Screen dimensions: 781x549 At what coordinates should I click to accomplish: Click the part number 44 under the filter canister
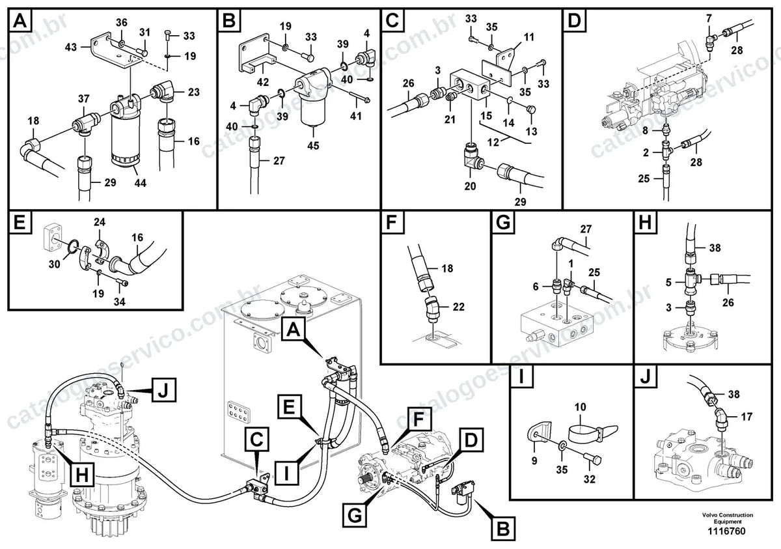[x=141, y=182]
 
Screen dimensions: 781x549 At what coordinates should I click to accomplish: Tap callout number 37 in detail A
[x=84, y=99]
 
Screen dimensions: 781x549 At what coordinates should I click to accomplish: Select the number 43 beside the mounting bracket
[x=71, y=47]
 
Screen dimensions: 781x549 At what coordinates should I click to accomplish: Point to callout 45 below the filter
[x=313, y=145]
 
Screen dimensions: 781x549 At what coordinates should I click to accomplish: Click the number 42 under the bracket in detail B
[x=263, y=82]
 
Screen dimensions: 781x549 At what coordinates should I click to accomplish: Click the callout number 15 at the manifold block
[x=486, y=115]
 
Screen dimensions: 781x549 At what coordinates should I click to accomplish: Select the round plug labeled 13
[x=531, y=110]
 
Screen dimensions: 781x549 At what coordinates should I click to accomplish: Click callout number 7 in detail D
[x=709, y=18]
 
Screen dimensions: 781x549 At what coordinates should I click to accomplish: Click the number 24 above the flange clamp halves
[x=100, y=222]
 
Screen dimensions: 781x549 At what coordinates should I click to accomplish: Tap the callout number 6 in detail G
[x=536, y=287]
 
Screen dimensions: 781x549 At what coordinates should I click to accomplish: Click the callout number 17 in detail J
[x=747, y=416]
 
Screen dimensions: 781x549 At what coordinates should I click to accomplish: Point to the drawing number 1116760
[x=726, y=531]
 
